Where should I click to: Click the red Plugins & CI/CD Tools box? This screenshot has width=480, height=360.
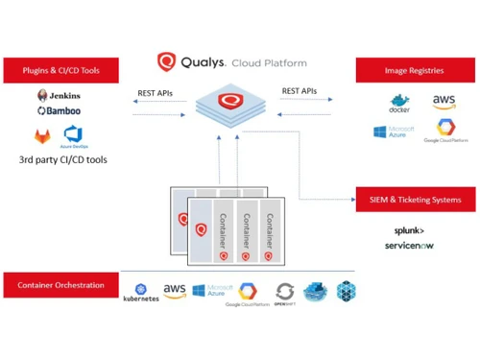pyautogui.click(x=64, y=69)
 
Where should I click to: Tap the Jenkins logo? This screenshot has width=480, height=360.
pyautogui.click(x=59, y=95)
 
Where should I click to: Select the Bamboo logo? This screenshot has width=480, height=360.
pyautogui.click(x=59, y=111)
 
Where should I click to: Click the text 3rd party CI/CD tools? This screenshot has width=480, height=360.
pyautogui.click(x=63, y=159)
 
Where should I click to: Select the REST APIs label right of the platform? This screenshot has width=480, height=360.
pyautogui.click(x=299, y=91)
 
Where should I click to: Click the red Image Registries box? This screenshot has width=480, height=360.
pyautogui.click(x=416, y=69)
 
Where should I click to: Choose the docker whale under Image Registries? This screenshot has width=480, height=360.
pyautogui.click(x=399, y=102)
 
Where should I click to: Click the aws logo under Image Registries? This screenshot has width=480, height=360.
pyautogui.click(x=444, y=101)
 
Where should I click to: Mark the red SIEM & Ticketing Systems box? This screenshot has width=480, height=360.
pyautogui.click(x=416, y=199)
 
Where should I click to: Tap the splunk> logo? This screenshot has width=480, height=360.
pyautogui.click(x=409, y=230)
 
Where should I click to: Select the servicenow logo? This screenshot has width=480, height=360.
pyautogui.click(x=409, y=246)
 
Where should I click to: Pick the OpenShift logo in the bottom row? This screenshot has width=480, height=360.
pyautogui.click(x=285, y=293)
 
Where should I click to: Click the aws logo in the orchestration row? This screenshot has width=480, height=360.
pyautogui.click(x=175, y=289)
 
